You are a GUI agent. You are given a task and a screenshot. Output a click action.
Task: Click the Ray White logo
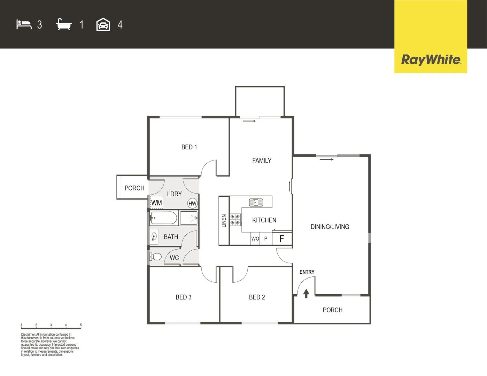click(x=431, y=60)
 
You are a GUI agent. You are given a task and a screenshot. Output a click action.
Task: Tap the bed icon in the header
click(x=24, y=24)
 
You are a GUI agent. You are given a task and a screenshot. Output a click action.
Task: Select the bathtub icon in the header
click(x=64, y=25)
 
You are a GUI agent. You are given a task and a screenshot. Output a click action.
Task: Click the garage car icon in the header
click(x=103, y=25)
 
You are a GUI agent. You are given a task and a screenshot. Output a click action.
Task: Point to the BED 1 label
click(x=189, y=147)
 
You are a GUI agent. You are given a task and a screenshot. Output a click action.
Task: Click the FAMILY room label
click(x=262, y=160)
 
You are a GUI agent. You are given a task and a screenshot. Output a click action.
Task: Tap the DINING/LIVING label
click(x=330, y=227)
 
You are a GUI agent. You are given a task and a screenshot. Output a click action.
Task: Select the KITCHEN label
click(x=264, y=220)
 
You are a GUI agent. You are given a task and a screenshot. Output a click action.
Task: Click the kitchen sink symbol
click(x=256, y=202)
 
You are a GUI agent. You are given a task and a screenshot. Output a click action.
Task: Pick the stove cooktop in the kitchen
click(x=235, y=220)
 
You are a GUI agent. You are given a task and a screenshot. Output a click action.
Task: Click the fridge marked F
click(x=282, y=239)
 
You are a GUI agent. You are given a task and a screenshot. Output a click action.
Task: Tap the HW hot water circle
click(x=192, y=204)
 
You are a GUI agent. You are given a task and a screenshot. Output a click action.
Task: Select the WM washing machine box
click(x=156, y=203)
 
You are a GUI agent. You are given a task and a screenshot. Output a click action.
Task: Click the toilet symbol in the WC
click(x=156, y=257)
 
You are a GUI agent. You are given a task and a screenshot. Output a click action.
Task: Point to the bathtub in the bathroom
click(x=164, y=218)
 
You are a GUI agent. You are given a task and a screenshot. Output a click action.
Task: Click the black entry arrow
click(x=306, y=293)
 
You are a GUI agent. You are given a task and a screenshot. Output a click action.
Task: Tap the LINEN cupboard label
click(x=224, y=221)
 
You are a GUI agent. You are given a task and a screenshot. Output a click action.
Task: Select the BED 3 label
click(x=183, y=297)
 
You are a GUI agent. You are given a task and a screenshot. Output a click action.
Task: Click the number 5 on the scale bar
click(x=81, y=325)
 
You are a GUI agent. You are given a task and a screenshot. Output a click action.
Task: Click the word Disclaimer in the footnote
click(x=28, y=335)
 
